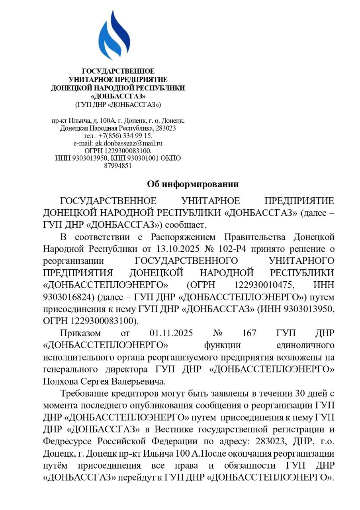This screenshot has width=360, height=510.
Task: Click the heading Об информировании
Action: (x=193, y=184)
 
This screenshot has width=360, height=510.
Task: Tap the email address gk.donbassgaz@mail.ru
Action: (x=129, y=143)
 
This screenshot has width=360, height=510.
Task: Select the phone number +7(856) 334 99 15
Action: (x=125, y=136)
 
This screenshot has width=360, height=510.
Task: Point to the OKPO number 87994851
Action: (x=118, y=166)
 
